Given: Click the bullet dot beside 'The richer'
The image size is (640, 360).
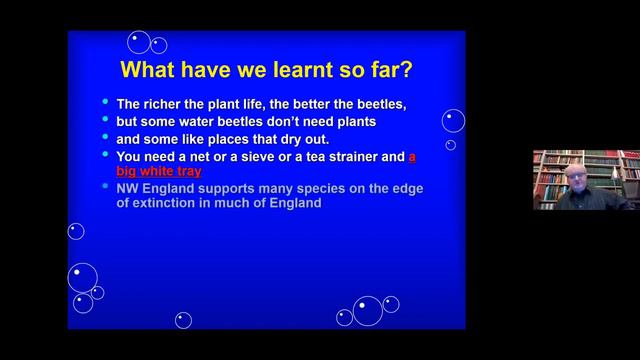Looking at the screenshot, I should [x=104, y=103].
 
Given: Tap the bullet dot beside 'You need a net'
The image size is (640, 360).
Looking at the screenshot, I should [x=104, y=155].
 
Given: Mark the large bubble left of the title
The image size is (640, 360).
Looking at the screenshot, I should [x=139, y=42].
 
